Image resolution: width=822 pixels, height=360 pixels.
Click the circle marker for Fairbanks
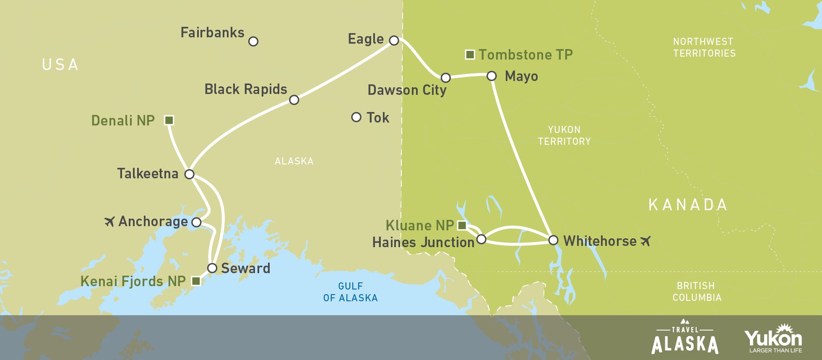point(253,41)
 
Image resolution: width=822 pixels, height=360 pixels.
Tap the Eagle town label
point(366,39)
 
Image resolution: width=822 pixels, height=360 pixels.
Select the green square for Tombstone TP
point(470,55)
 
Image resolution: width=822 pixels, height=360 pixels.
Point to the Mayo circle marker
point(492,76)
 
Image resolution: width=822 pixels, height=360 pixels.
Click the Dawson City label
point(407,90)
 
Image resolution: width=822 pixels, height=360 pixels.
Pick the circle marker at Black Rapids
point(294,100)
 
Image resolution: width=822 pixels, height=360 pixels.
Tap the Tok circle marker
point(356,117)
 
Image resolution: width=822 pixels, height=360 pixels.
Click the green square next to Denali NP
point(169,120)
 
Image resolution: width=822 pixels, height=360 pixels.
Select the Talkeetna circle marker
point(190,174)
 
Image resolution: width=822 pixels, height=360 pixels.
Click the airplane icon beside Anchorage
point(109,221)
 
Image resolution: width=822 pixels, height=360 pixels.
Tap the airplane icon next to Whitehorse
point(645,241)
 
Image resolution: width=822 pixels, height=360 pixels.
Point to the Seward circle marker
point(212,268)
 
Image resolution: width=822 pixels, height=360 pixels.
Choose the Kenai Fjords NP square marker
point(196,281)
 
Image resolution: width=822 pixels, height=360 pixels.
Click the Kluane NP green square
point(462,226)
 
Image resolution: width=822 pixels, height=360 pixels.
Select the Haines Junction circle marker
point(481,239)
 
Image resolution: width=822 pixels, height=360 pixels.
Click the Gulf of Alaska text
point(350,292)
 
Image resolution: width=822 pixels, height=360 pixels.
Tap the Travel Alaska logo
point(684,340)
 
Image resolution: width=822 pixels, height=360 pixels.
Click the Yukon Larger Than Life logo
point(773,339)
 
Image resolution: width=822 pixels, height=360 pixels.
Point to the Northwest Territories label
point(704,47)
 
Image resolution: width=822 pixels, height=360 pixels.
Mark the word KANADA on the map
point(688,205)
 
